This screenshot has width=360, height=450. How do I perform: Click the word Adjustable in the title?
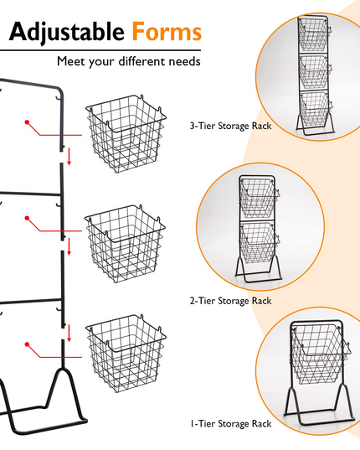point(67,32)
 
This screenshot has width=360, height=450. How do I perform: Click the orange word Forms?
point(167,31)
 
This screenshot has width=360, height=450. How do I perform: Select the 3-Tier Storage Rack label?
point(230,126)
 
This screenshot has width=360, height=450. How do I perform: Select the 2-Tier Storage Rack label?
point(230,301)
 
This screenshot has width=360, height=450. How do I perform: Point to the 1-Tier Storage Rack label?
point(230,423)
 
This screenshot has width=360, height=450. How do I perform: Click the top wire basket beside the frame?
point(126,134)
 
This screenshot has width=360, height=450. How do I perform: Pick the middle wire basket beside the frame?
point(125,244)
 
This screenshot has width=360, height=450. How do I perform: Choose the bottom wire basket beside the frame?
point(126,354)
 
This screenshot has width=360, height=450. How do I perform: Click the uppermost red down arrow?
point(69,157)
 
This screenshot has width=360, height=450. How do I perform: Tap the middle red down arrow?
point(69,246)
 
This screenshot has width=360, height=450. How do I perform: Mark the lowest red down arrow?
point(69,334)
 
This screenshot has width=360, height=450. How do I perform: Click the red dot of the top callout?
point(27,122)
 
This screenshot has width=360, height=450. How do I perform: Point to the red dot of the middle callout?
point(27,218)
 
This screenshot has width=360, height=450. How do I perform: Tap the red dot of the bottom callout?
point(27,344)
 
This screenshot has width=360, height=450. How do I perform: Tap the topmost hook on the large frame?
point(59,98)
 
